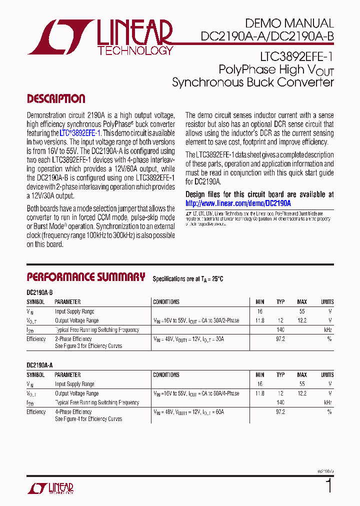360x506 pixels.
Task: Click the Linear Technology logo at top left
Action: [x=100, y=37]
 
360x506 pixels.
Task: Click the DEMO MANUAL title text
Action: [x=289, y=23]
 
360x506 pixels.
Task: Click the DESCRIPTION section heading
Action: [x=56, y=98]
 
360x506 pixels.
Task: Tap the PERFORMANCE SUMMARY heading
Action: [x=85, y=277]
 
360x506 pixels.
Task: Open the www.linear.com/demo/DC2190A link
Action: [x=238, y=203]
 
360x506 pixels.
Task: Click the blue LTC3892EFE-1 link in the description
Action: [x=80, y=133]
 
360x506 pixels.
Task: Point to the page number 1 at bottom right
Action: [x=328, y=485]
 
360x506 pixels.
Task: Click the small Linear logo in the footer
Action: [x=50, y=488]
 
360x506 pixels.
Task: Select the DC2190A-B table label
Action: [x=39, y=291]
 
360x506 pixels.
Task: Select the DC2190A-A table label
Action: [x=39, y=365]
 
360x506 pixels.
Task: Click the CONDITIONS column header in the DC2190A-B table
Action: [x=166, y=302]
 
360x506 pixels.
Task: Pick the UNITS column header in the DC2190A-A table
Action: [x=327, y=374]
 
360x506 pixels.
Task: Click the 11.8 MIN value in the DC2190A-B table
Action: [x=259, y=320]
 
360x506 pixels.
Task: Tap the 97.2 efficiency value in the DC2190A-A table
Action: [x=280, y=412]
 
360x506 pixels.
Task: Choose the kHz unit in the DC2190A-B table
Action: [x=327, y=330]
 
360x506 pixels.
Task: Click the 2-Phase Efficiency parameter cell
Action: [x=73, y=339]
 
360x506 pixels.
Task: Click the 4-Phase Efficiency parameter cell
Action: [x=73, y=412]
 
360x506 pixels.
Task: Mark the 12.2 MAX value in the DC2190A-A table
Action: [x=302, y=393]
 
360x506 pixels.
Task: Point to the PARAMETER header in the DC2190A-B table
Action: [x=67, y=302]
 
